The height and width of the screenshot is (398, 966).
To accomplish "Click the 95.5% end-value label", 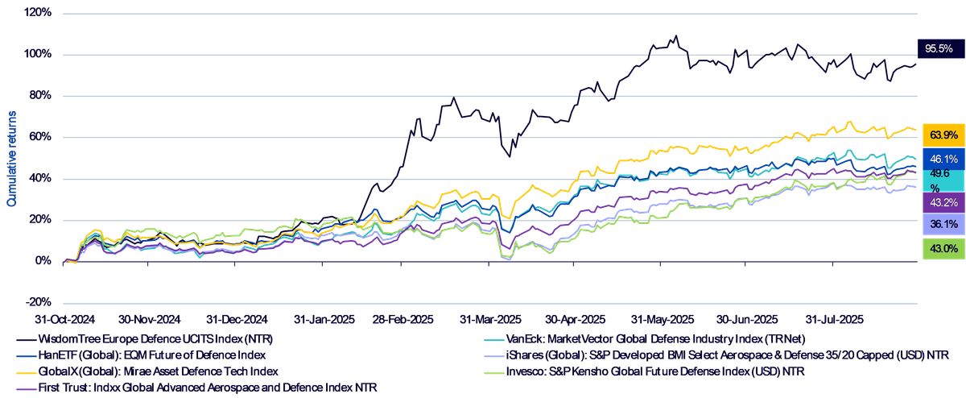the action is (941, 48).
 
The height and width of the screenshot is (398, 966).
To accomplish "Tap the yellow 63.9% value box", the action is (943, 135).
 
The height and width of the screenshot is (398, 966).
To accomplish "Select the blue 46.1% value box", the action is (943, 159).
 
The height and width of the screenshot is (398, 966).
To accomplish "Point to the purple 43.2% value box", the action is (943, 202).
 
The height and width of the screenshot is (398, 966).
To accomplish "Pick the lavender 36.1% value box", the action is (943, 225).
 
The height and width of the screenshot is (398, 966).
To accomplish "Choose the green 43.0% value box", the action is (943, 249).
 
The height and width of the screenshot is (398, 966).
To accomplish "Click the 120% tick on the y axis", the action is (38, 12).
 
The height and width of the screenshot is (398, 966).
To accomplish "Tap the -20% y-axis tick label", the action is (39, 302).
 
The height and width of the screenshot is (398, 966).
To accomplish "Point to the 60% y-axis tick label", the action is (40, 137).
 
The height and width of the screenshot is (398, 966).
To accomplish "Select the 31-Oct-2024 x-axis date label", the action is (65, 319).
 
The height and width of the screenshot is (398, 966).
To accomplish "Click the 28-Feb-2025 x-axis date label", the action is (402, 319).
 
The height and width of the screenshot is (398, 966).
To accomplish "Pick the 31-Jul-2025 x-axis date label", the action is (835, 319).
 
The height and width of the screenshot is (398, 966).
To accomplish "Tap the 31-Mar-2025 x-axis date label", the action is (490, 319).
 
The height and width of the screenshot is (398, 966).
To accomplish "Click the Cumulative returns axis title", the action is (11, 159).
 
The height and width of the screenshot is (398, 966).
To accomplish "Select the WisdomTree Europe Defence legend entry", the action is (145, 339).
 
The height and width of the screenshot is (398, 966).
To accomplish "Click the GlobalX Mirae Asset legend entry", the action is (147, 371).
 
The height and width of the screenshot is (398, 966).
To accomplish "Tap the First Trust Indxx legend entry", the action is (196, 388).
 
